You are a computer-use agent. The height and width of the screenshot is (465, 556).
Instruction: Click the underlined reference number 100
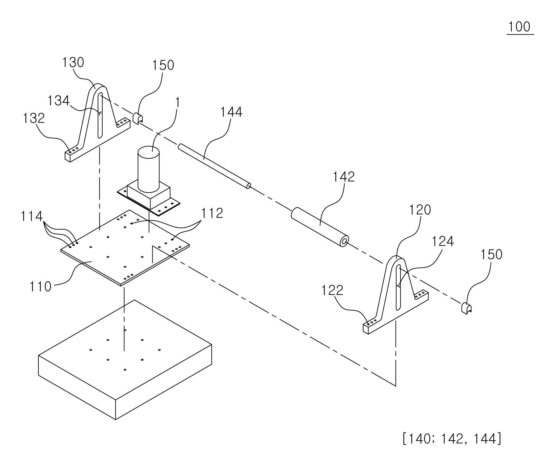coord(520,27)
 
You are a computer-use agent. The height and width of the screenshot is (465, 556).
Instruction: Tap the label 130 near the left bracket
coord(73,62)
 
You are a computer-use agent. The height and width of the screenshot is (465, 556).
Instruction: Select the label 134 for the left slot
coord(59,101)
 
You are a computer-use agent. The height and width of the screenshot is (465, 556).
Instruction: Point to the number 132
coord(34,118)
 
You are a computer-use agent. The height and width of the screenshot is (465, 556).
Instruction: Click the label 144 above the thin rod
coord(231,112)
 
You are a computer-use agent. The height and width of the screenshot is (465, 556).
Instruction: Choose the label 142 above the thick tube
coord(344,177)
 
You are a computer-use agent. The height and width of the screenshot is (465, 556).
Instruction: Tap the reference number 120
coord(420,210)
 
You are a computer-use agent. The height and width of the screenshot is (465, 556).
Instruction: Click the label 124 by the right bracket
coord(443,241)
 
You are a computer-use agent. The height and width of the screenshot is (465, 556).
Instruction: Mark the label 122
coord(332,290)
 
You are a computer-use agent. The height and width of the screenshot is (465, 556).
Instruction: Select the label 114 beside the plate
coord(31,216)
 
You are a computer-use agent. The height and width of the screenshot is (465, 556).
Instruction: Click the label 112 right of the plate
coord(212,213)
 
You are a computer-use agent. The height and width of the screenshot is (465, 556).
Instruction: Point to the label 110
coord(40,287)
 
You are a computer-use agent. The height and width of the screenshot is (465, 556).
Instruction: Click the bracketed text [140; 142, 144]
coord(452,438)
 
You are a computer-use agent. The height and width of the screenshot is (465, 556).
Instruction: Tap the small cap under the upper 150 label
coord(138,118)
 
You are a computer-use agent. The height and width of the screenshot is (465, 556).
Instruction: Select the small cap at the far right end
coord(466,308)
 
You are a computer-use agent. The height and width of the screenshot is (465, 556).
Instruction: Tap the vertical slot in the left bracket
coord(100,115)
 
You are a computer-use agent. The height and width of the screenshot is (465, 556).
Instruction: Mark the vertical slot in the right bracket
coord(398,288)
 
